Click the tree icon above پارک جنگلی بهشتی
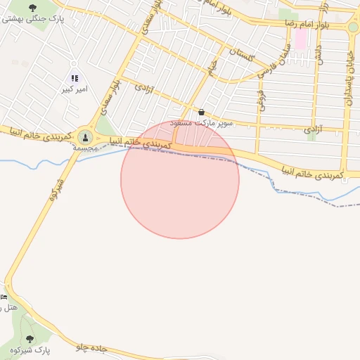coord(33,8)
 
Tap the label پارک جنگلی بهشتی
coord(33,20)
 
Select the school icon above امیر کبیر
coord(75,78)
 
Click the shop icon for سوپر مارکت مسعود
coord(202,112)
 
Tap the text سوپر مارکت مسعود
coord(202,123)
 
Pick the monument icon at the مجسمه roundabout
coord(86,136)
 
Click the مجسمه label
coord(86,148)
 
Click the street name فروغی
coord(260,100)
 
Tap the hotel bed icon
coord(4,297)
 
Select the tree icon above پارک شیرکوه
coord(29,340)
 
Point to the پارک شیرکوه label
coord(32,350)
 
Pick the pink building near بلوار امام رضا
coord(300,38)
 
